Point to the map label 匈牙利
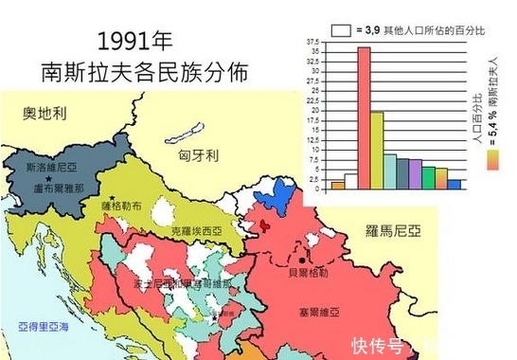[x=199, y=154]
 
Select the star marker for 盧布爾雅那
[x=46, y=177]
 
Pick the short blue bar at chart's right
[x=455, y=184]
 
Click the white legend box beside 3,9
[x=342, y=30]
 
